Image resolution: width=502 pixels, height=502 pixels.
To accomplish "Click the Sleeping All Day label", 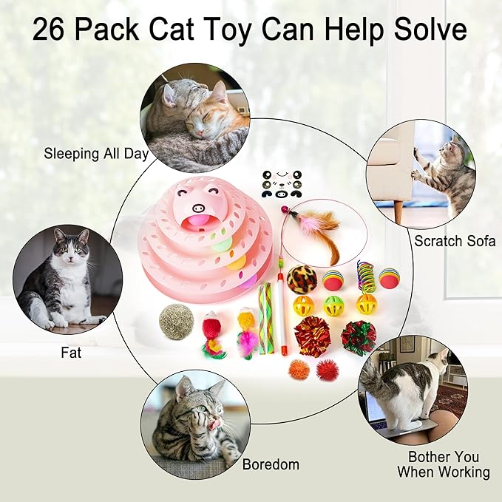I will pyautogui.click(x=96, y=155).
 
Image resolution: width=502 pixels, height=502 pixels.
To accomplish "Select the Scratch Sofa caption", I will pyautogui.click(x=455, y=241).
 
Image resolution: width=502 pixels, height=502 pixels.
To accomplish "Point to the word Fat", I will pyautogui.click(x=71, y=353).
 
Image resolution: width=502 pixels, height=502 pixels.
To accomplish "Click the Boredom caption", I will pyautogui.click(x=271, y=465).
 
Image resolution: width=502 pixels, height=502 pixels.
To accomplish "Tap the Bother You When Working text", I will pyautogui.click(x=444, y=464).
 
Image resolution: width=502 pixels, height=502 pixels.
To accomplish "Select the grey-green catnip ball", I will pyautogui.click(x=176, y=322).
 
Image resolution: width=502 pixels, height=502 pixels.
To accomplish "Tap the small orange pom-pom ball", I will pyautogui.click(x=298, y=369).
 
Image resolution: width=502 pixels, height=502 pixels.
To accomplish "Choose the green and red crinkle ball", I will pyautogui.click(x=359, y=338).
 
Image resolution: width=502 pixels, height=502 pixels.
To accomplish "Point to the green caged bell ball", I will pyautogui.click(x=333, y=305).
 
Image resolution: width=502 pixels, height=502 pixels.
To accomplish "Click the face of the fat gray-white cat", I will pyautogui.click(x=68, y=248).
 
